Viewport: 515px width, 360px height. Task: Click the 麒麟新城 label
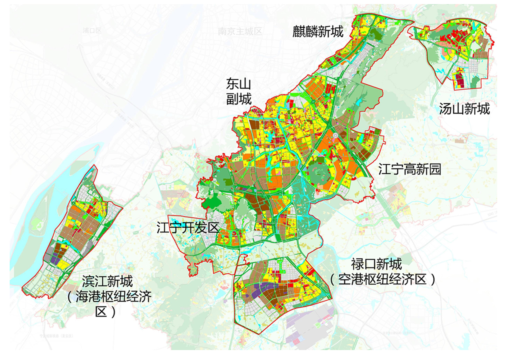coord(318,31)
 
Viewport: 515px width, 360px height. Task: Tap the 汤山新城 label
coord(464,109)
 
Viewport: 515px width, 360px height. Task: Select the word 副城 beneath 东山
coord(239,99)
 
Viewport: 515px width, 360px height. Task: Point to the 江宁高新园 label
coord(409,169)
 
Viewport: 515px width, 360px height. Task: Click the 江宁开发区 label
coord(188,228)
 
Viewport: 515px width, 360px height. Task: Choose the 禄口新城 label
coord(376,264)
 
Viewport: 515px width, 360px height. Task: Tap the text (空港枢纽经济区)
coord(382,280)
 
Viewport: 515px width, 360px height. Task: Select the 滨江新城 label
coord(107,281)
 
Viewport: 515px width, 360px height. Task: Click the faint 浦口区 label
coord(91,30)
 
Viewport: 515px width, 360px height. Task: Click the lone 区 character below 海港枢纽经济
coord(101,312)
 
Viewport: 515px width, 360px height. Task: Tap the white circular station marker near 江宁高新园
coord(336,136)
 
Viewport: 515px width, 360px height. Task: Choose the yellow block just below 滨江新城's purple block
coord(63,265)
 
